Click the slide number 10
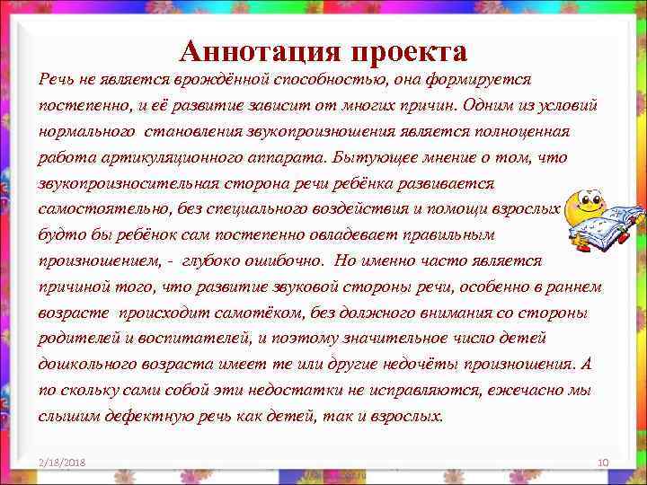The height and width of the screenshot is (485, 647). point(603,462)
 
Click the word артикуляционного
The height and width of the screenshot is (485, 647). point(147,157)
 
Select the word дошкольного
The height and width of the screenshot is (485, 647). point(82,365)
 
